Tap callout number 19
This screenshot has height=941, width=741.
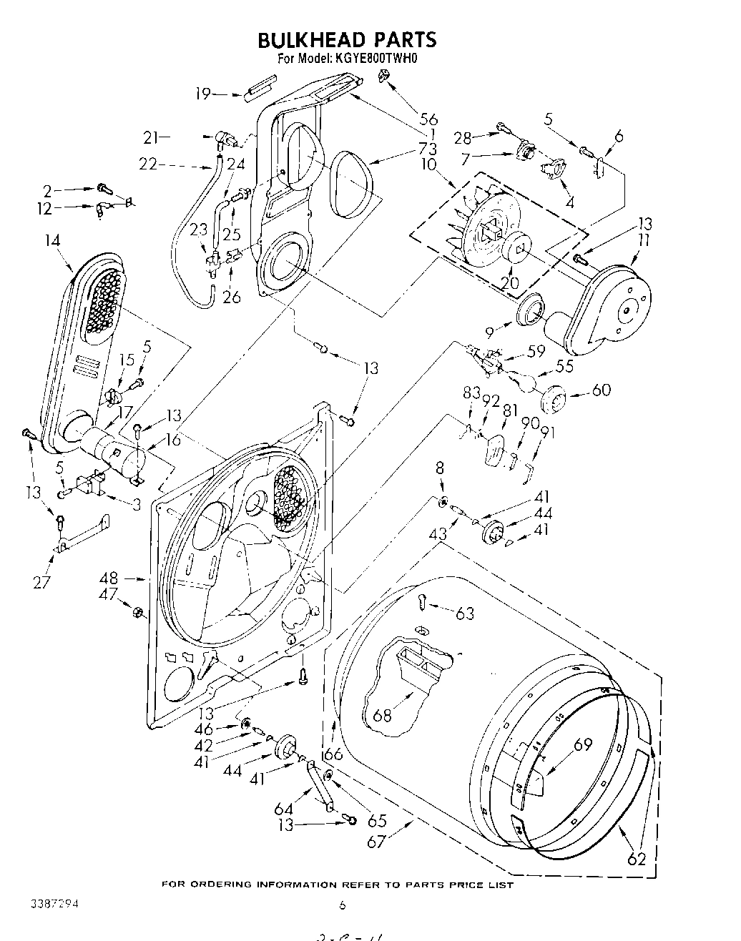[203, 93]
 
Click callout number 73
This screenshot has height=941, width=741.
[428, 149]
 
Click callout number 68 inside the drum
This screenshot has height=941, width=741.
[383, 714]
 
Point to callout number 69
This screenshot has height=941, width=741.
[583, 744]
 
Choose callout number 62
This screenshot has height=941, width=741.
[636, 859]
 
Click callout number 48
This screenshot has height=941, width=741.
[109, 578]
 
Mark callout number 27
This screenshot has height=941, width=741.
[42, 581]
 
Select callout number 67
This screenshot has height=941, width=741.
[377, 842]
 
